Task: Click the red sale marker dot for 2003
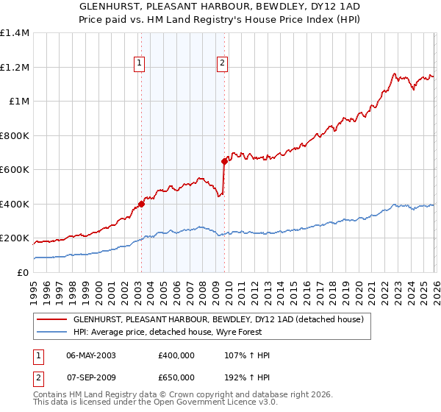click(x=141, y=205)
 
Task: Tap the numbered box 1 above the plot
click(x=139, y=64)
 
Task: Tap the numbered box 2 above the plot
click(x=222, y=64)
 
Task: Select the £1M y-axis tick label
click(x=18, y=102)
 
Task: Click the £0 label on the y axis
click(x=23, y=272)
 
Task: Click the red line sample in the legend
click(x=51, y=320)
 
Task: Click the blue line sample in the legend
click(x=51, y=333)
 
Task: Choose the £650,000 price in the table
click(x=176, y=377)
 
